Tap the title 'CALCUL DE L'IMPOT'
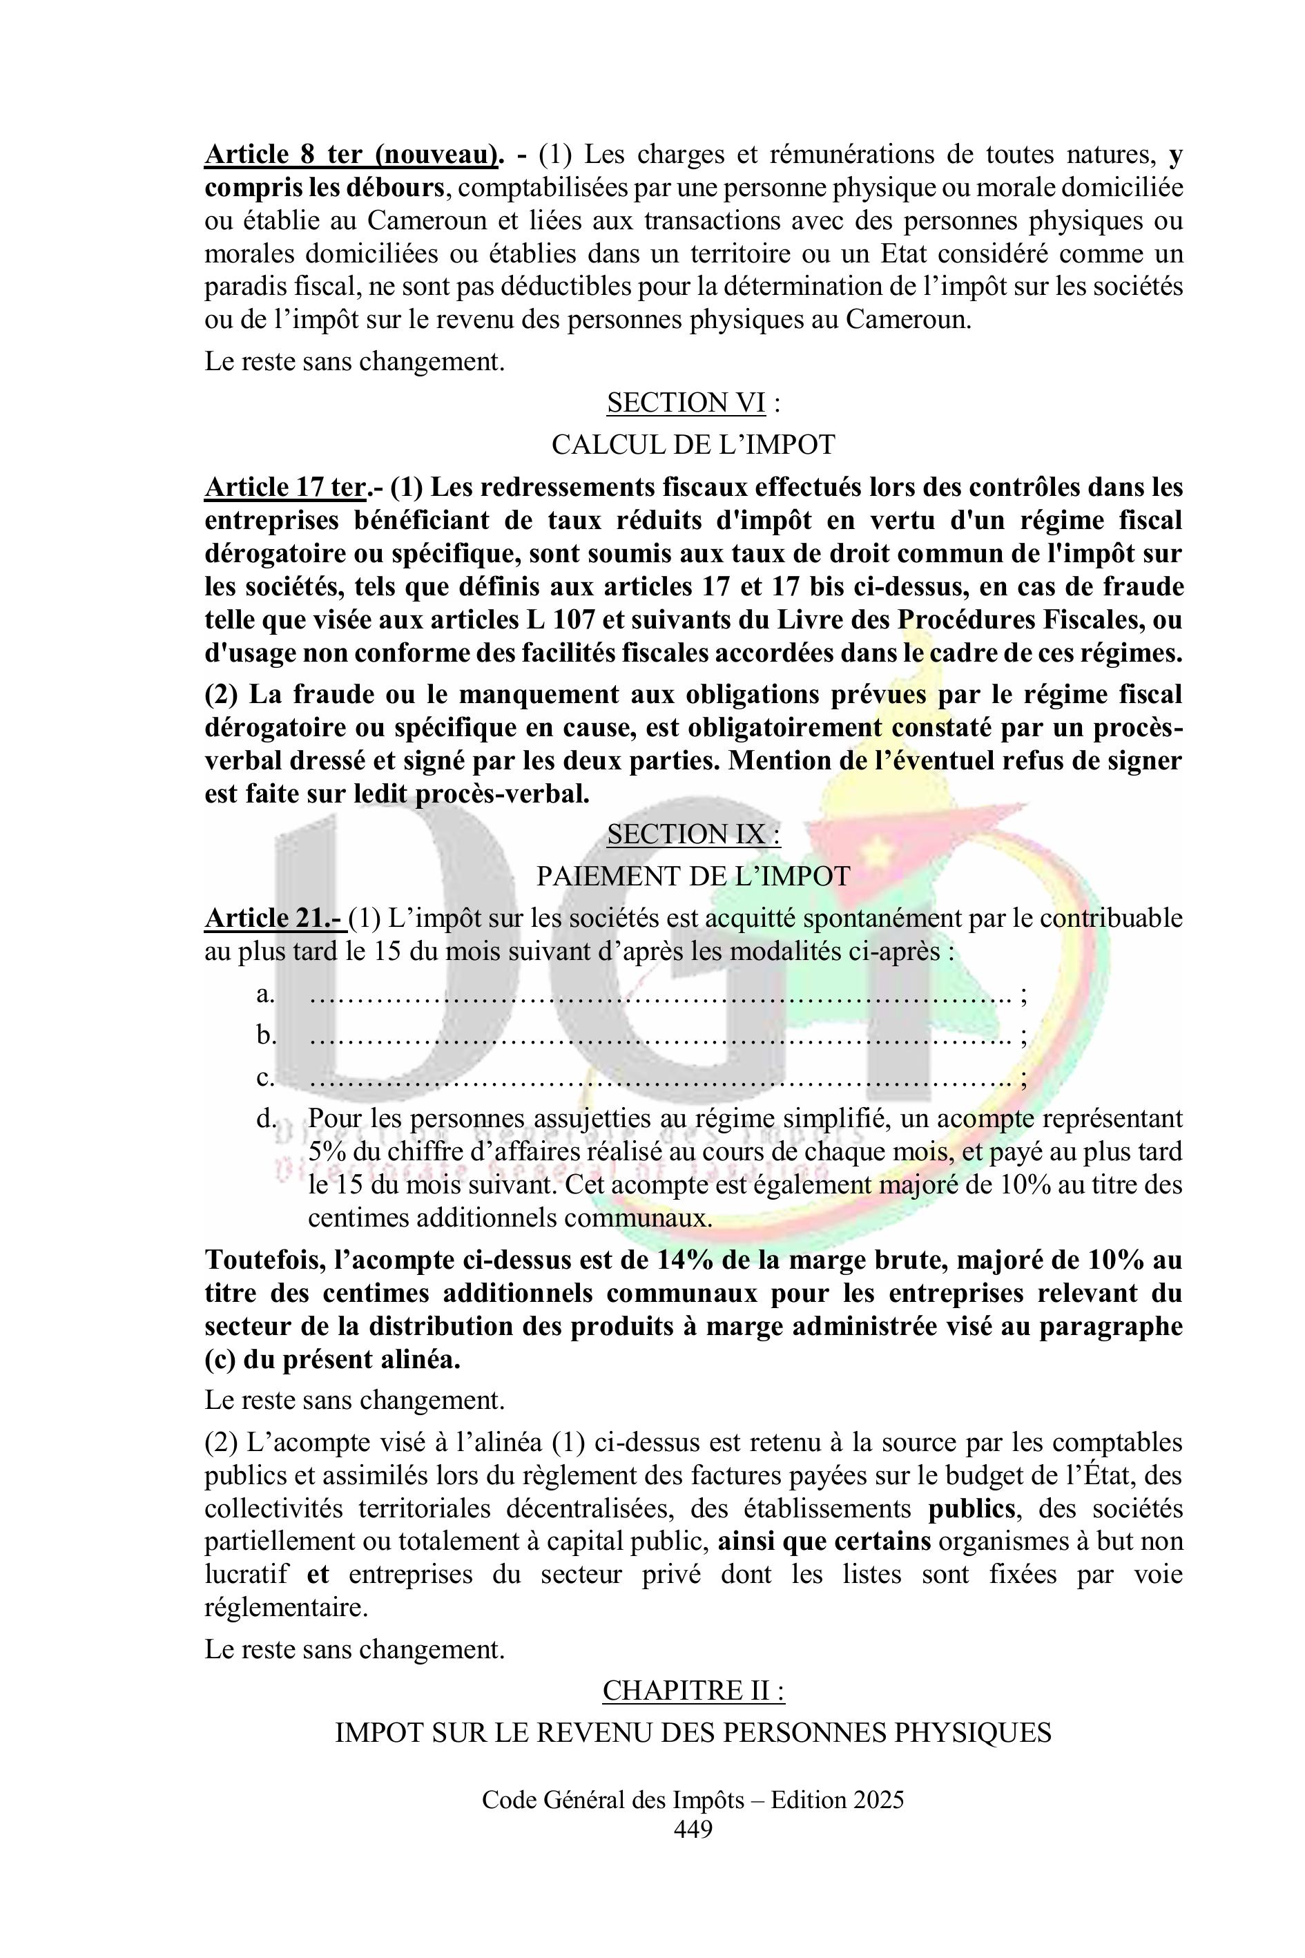[x=693, y=445]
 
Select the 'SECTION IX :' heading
[x=693, y=834]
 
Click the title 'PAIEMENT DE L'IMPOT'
[x=693, y=876]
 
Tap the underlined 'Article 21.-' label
[x=274, y=919]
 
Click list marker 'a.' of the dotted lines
[x=266, y=994]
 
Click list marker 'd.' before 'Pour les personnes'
[x=266, y=1119]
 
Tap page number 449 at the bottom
[x=693, y=1829]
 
